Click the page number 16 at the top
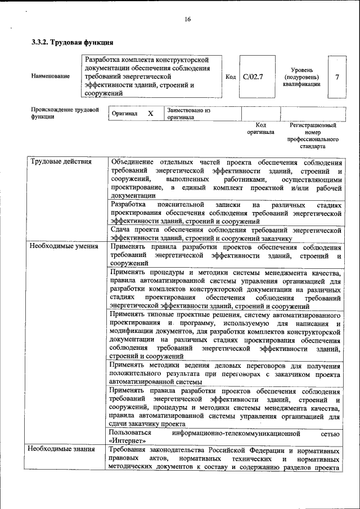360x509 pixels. [x=187, y=20]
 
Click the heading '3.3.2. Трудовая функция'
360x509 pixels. [x=73, y=42]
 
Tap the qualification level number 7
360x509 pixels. [x=337, y=76]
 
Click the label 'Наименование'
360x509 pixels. [x=51, y=76]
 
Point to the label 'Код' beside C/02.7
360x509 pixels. [x=230, y=76]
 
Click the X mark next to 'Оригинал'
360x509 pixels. [x=150, y=114]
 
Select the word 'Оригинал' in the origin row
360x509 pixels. [x=124, y=114]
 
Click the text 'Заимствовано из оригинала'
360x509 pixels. [x=188, y=114]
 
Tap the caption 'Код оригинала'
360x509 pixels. [x=260, y=128]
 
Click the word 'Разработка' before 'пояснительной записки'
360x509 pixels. [x=128, y=205]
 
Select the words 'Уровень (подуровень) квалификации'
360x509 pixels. [x=302, y=76]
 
